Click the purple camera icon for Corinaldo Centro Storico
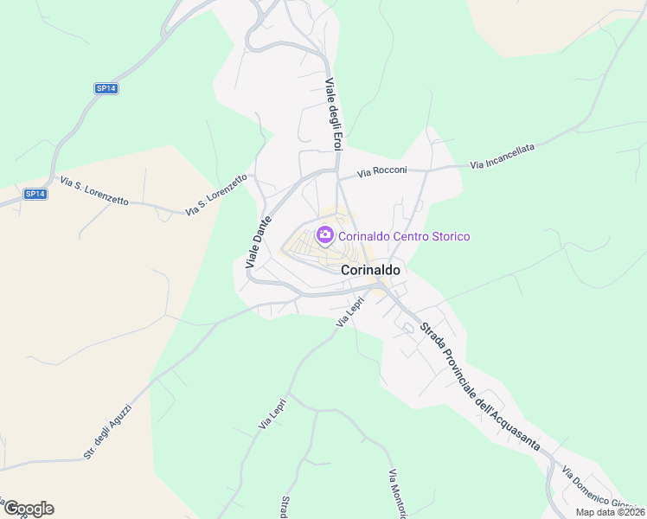click(x=325, y=234)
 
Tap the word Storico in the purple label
click(x=447, y=235)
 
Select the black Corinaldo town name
click(x=371, y=270)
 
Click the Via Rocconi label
click(x=381, y=172)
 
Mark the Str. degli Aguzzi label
click(x=106, y=430)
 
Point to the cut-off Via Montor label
click(x=397, y=494)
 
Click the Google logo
click(x=28, y=509)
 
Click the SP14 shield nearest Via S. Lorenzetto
click(x=35, y=194)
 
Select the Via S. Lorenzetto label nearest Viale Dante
click(x=216, y=194)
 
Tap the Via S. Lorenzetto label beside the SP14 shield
click(x=94, y=190)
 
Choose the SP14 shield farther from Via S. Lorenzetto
click(x=106, y=88)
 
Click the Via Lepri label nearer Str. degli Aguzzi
click(x=272, y=413)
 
